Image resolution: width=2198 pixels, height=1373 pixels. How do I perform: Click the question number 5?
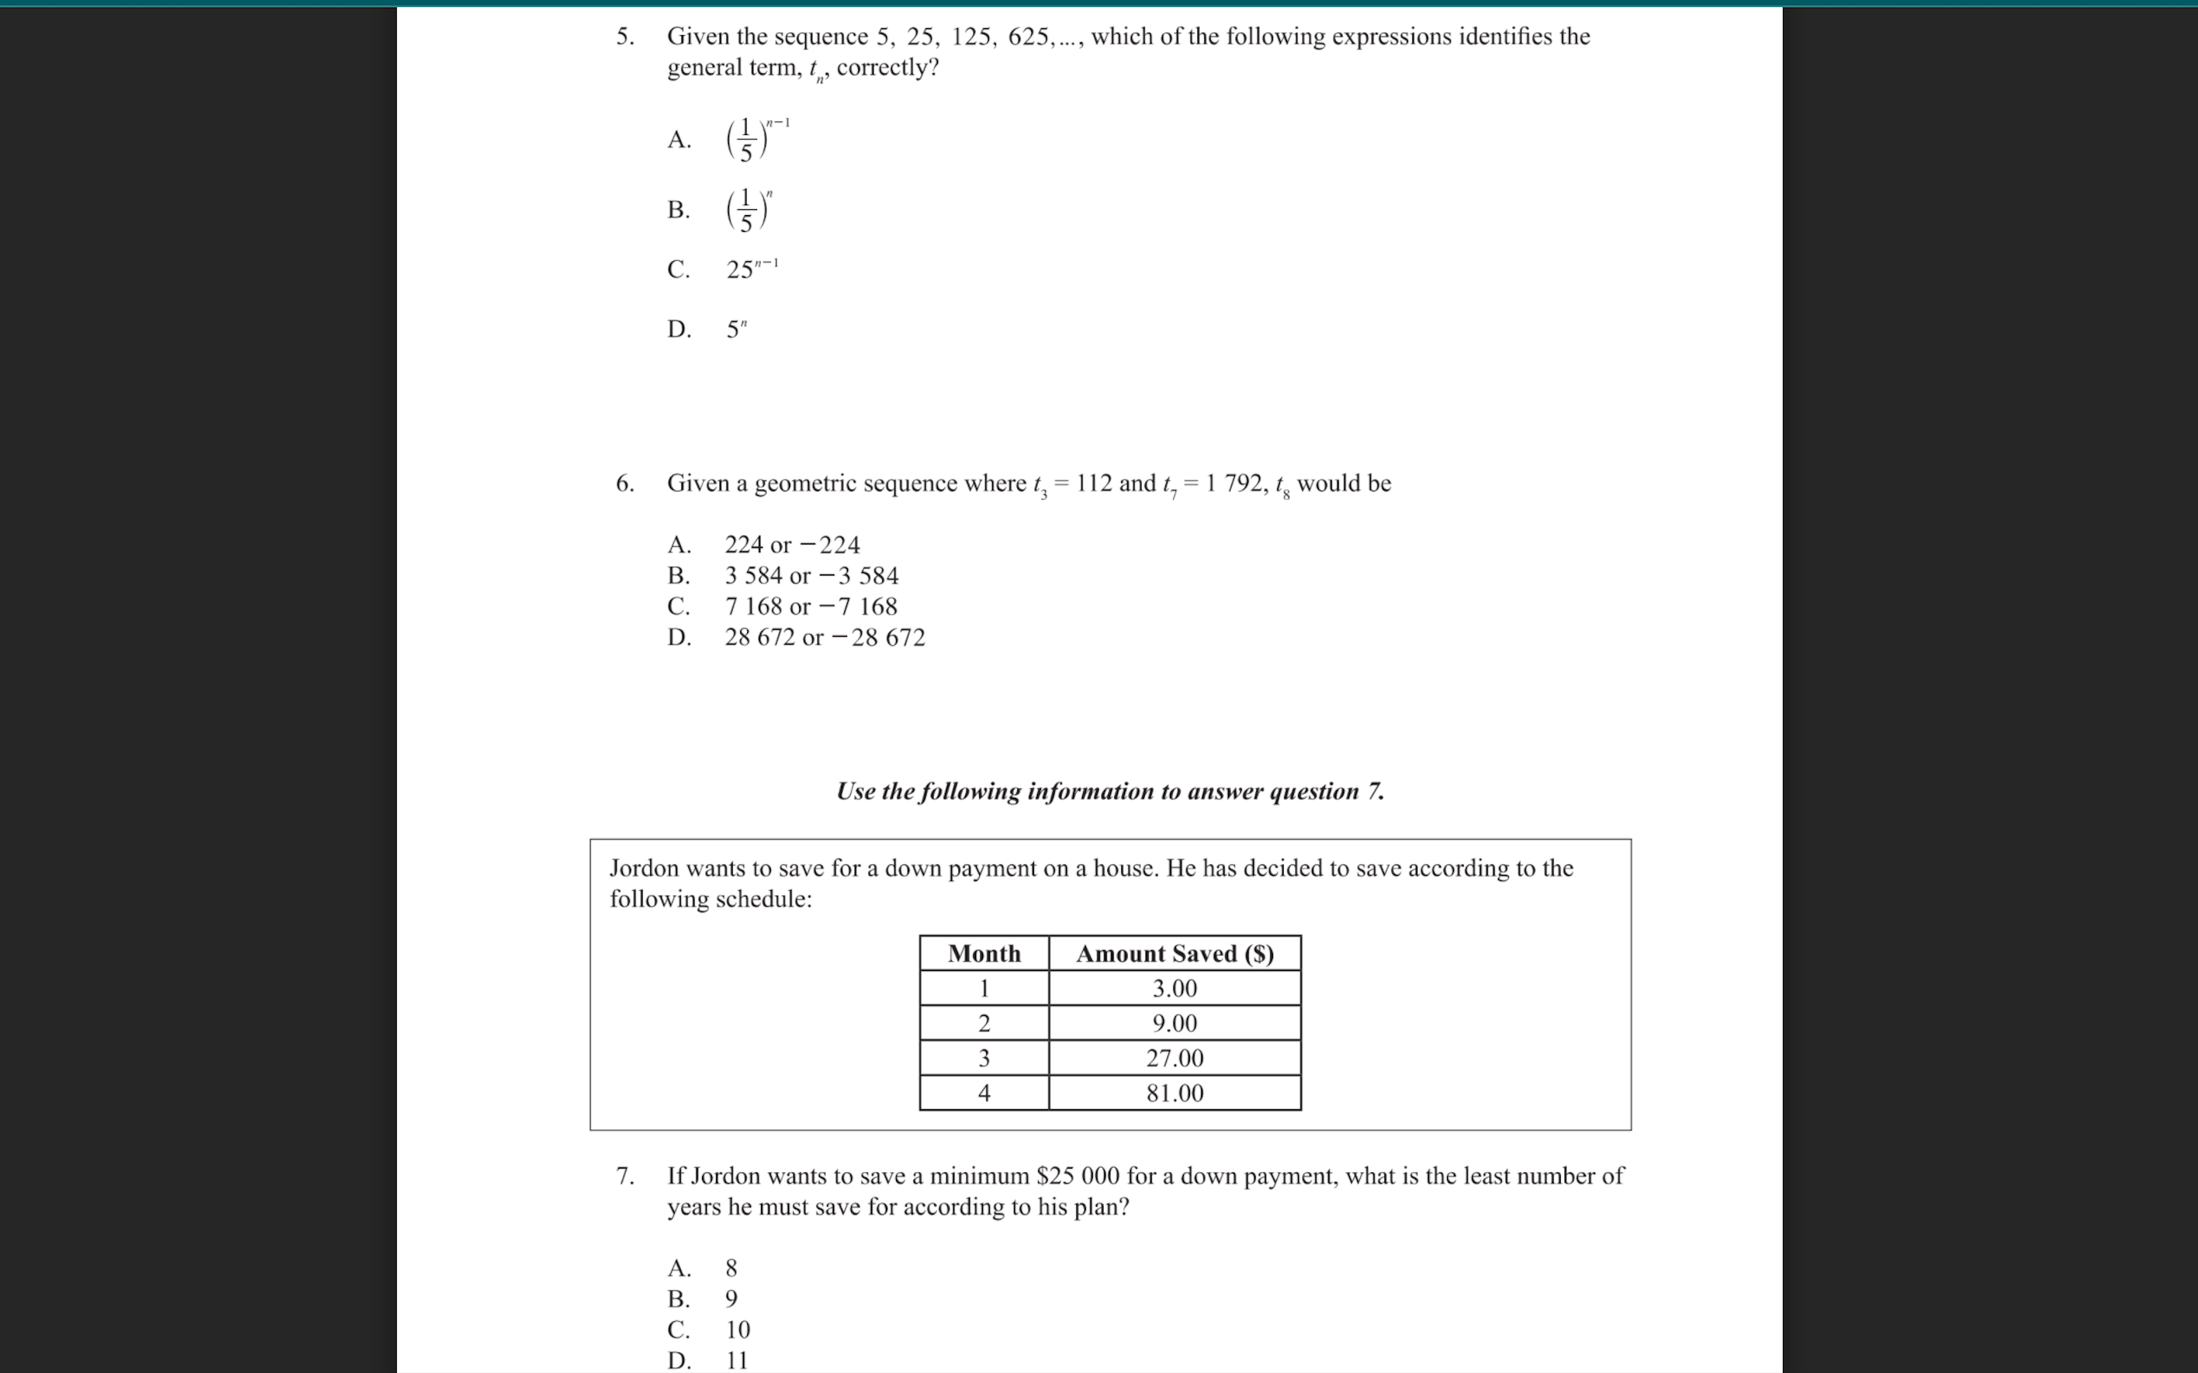[624, 37]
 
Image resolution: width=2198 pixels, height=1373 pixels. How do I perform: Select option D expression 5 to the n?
[736, 329]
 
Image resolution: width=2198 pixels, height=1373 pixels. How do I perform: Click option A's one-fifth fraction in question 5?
[746, 140]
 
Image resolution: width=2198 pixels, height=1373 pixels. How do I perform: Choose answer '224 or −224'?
[791, 545]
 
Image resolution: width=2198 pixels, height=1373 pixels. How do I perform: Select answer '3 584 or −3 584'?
[811, 576]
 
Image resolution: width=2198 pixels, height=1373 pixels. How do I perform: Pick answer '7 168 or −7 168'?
[811, 606]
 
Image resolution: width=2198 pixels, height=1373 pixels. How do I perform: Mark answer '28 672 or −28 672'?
[823, 638]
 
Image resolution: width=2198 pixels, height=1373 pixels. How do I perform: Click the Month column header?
[984, 953]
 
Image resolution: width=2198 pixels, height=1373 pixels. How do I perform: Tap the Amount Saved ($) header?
[1175, 953]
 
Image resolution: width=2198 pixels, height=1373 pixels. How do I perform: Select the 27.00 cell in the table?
[1175, 1059]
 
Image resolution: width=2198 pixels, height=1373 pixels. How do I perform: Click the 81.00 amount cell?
[1175, 1093]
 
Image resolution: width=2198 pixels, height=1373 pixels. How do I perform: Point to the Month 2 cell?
[984, 1024]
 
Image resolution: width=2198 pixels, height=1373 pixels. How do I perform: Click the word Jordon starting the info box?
[644, 869]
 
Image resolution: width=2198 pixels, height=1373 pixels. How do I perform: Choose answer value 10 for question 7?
[737, 1330]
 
